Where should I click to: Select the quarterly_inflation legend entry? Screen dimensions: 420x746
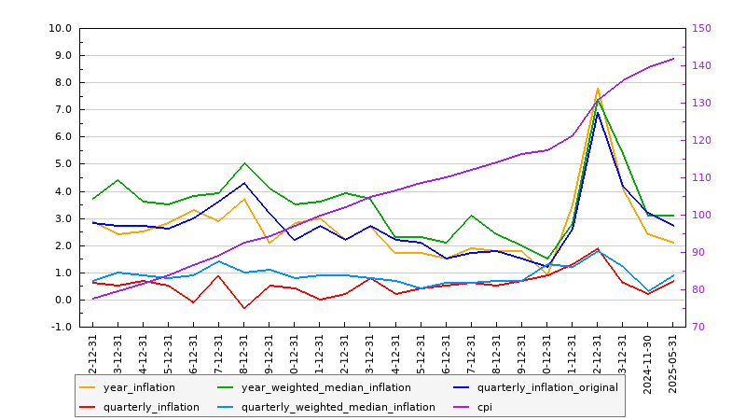click(x=151, y=407)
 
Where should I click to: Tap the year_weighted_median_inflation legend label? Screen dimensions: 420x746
click(x=325, y=387)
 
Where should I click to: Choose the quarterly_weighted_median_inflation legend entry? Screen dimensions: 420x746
click(x=338, y=407)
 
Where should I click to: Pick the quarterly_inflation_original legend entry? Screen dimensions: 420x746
click(x=547, y=387)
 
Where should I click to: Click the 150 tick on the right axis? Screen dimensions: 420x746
click(x=702, y=28)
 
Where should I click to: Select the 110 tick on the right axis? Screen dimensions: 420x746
click(x=702, y=177)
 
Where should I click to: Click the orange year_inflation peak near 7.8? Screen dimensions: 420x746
click(x=598, y=89)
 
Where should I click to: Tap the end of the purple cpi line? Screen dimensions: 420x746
click(x=673, y=59)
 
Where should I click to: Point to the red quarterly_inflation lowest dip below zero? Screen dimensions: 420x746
click(x=244, y=308)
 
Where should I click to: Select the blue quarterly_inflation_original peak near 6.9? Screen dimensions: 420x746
click(x=598, y=112)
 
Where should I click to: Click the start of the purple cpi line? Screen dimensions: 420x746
click(x=92, y=299)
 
